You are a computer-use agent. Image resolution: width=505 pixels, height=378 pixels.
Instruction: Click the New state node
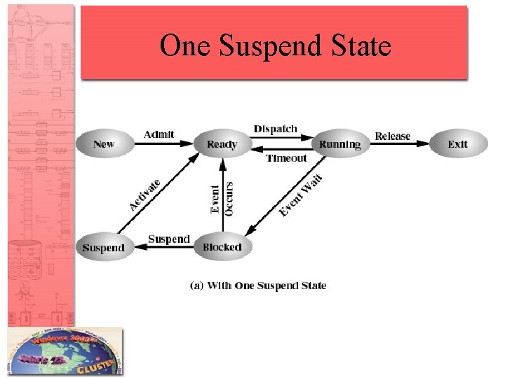[x=104, y=144]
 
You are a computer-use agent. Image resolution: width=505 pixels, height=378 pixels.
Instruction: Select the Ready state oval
[x=222, y=144]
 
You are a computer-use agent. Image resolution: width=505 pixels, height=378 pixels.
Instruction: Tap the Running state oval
[x=339, y=144]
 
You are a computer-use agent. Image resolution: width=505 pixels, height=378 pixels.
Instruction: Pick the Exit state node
[x=457, y=144]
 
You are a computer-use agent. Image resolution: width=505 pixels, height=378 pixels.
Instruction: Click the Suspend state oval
[x=104, y=247]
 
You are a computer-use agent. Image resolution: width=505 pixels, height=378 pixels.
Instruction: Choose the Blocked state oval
[x=222, y=247]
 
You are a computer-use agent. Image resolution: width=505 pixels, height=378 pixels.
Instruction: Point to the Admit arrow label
[x=159, y=134]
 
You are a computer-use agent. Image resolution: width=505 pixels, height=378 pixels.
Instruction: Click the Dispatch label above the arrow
[x=276, y=129]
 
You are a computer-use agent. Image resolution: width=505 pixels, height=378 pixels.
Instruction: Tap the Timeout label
[x=286, y=158]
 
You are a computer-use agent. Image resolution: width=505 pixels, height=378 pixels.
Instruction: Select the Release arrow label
[x=393, y=136]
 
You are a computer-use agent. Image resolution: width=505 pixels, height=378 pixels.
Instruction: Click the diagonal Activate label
[x=145, y=195]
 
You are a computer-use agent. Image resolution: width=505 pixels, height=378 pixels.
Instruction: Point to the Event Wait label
[x=301, y=195]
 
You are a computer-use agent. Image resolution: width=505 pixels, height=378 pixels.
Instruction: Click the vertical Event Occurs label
[x=222, y=198]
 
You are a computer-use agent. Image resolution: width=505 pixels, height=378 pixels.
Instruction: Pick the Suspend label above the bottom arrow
[x=169, y=239]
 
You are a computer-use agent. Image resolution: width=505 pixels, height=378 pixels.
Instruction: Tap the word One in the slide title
[x=186, y=45]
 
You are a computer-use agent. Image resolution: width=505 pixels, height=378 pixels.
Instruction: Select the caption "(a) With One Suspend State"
[x=259, y=286]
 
